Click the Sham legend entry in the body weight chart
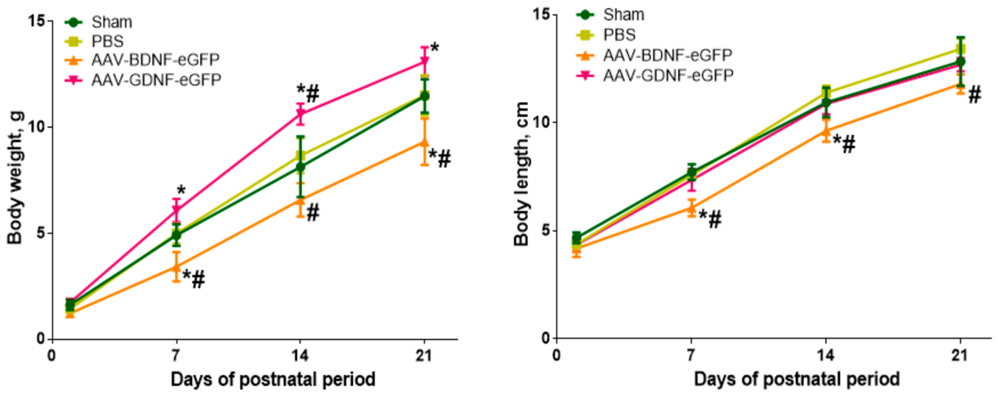[111, 22]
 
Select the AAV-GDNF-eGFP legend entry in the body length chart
[668, 75]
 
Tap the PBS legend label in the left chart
[107, 41]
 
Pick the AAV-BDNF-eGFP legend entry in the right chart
[667, 55]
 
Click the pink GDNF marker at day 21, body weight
[425, 61]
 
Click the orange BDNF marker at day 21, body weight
[425, 143]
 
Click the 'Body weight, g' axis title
[15, 178]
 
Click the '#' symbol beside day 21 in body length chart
[975, 95]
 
